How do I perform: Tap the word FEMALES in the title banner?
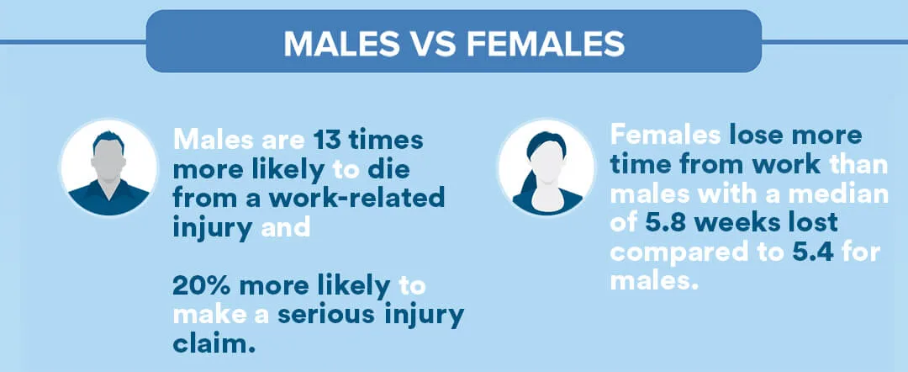click(x=546, y=44)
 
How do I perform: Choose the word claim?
click(x=214, y=344)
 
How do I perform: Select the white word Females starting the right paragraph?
click(x=665, y=136)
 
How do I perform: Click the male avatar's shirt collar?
click(x=108, y=187)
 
